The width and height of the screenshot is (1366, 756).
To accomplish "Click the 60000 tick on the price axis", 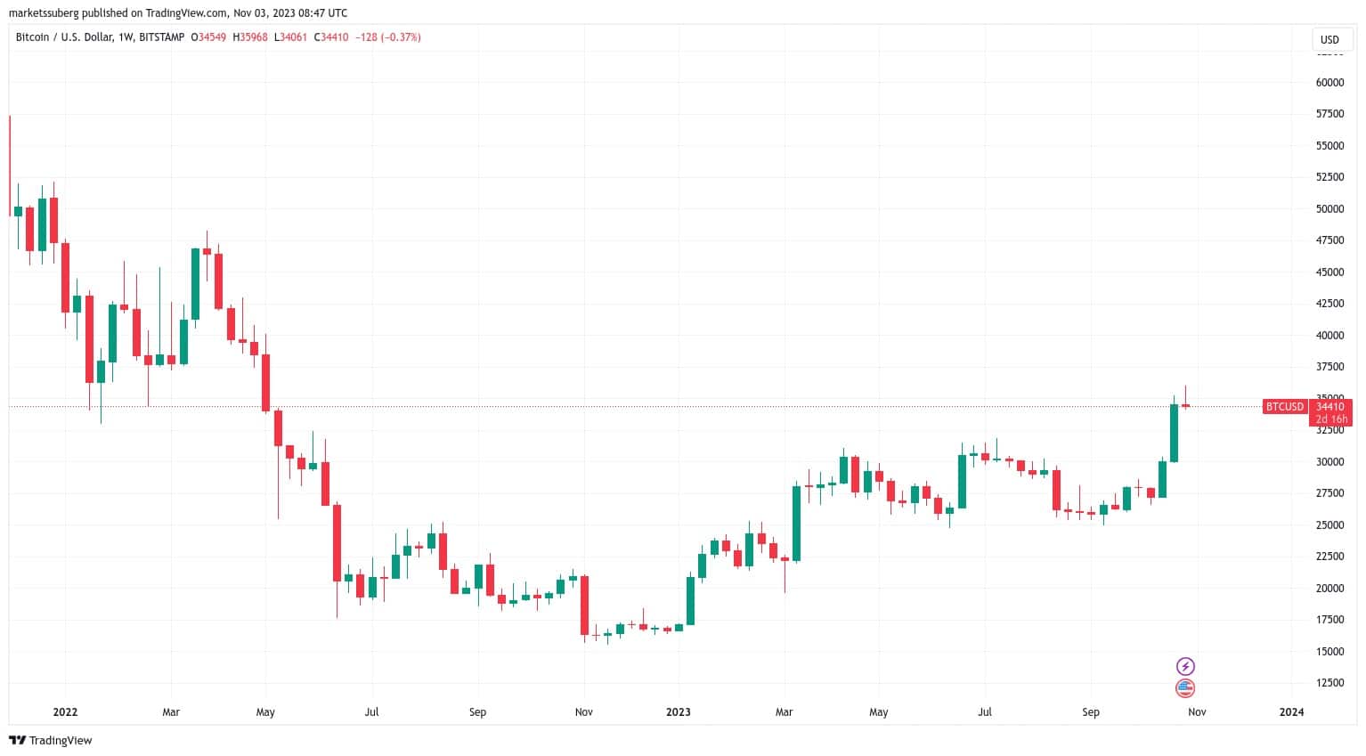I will (1329, 83).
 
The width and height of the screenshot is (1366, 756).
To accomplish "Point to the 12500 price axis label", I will (1329, 683).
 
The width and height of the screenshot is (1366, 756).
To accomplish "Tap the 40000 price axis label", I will (1329, 336).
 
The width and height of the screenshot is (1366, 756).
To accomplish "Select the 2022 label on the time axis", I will (65, 712).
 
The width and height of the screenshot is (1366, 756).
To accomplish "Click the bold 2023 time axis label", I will (679, 712).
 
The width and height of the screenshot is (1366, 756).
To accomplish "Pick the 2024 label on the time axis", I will (1291, 712).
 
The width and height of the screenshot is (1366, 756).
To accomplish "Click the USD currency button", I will (1329, 40).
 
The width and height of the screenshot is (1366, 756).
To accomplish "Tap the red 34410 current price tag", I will (1329, 407).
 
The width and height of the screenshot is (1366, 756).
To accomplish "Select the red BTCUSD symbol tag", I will (1285, 407).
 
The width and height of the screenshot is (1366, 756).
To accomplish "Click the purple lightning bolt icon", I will (1185, 666).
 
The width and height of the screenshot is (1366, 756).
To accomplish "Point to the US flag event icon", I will (1185, 687).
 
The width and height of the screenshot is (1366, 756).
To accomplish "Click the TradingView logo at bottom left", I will (51, 741).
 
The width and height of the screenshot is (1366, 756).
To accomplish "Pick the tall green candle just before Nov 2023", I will (1174, 433).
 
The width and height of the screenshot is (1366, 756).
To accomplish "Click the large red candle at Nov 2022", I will (585, 606).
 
